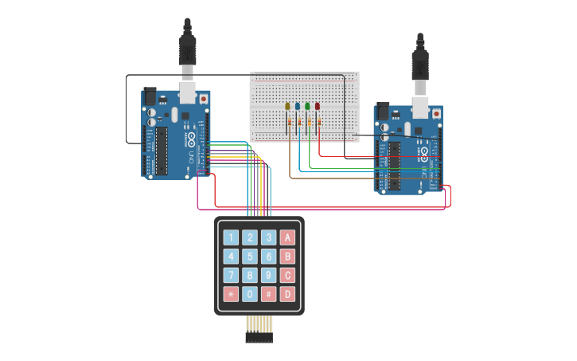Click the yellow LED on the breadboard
tap(288, 106)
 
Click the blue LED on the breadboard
tap(298, 106)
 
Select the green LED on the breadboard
tap(307, 106)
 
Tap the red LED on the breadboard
tap(317, 106)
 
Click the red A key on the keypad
tap(288, 237)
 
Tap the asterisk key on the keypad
tap(231, 294)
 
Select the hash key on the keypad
tap(269, 294)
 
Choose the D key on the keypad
tap(288, 294)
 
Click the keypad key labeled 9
tap(269, 275)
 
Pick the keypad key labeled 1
tap(231, 237)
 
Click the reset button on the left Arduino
tap(204, 98)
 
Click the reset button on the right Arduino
tap(437, 114)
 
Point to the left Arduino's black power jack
tap(150, 94)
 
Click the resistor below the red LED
tap(319, 123)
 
